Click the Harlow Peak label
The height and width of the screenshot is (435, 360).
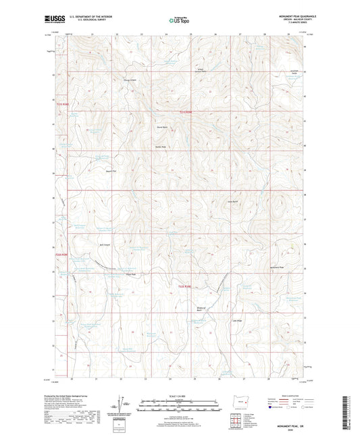161,146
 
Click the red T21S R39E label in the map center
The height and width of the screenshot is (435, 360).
190,113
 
